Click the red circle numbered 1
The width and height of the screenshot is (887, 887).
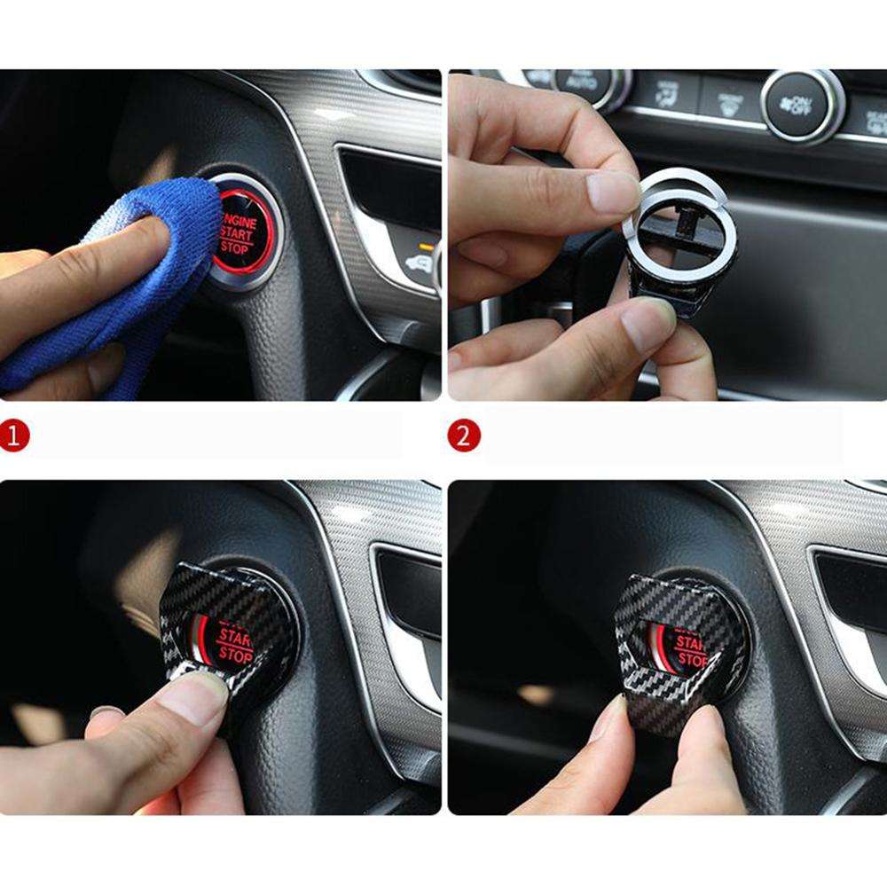coord(15,436)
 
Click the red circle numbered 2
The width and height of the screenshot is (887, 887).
coord(465,436)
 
